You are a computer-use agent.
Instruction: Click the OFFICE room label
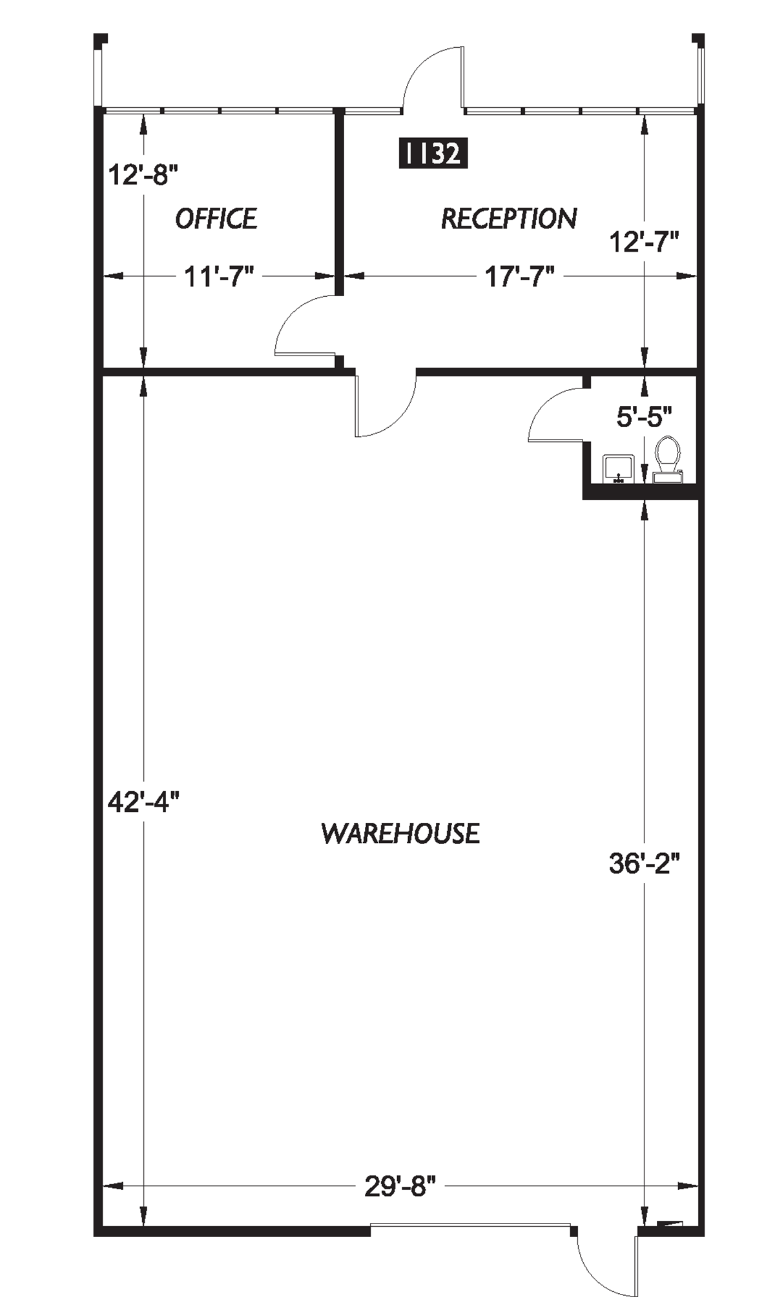tap(216, 219)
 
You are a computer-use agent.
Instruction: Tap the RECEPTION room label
tap(508, 219)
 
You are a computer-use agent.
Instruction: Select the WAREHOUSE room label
tap(400, 833)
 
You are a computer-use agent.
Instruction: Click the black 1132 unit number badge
tap(433, 154)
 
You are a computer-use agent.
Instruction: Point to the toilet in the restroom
tap(668, 459)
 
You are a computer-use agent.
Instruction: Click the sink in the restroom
tap(618, 469)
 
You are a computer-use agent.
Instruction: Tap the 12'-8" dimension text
tap(143, 175)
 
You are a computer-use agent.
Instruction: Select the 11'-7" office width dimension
tap(219, 277)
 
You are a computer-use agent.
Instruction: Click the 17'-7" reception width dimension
tap(520, 277)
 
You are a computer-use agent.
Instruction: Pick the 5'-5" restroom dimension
tap(644, 417)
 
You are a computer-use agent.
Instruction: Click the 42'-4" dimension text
tap(143, 803)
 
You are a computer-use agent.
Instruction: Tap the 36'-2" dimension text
tap(644, 863)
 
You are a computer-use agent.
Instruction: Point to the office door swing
tap(304, 326)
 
